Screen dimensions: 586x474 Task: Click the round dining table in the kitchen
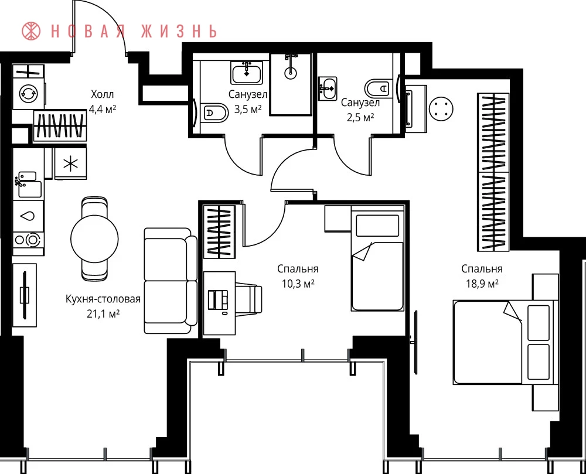(94, 238)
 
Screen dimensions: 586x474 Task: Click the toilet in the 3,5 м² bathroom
(216, 112)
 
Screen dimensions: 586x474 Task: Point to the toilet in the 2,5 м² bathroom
(377, 88)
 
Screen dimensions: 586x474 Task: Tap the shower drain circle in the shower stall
(291, 73)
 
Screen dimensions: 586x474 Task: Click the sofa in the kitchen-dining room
(171, 281)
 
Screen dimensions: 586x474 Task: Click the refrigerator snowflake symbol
(71, 163)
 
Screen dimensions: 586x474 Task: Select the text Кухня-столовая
(103, 299)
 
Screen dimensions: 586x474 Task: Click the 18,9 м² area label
(482, 284)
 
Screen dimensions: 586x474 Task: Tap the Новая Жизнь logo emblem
(31, 31)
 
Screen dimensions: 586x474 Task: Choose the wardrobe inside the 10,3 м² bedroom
(219, 231)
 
